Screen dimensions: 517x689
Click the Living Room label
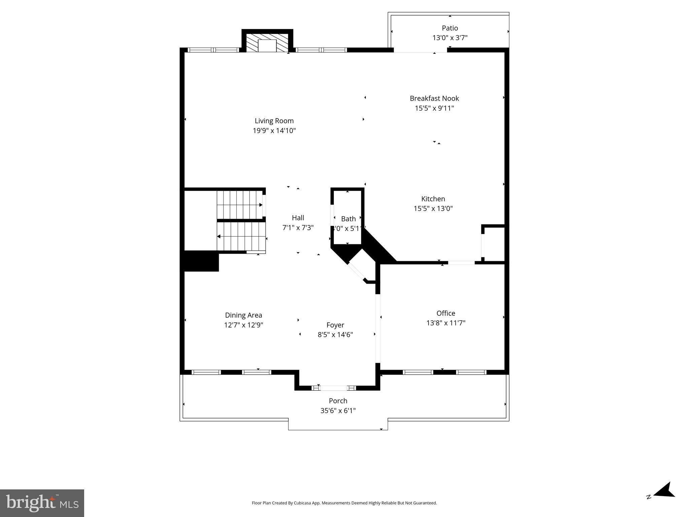pyautogui.click(x=274, y=121)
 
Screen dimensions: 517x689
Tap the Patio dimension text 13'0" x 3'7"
pyautogui.click(x=450, y=38)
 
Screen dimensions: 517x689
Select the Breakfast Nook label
pyautogui.click(x=434, y=98)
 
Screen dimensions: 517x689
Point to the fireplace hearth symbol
pyautogui.click(x=267, y=43)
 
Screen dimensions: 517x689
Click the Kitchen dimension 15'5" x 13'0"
pyautogui.click(x=433, y=208)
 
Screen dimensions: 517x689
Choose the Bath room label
pyautogui.click(x=348, y=219)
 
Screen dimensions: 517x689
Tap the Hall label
pyautogui.click(x=298, y=218)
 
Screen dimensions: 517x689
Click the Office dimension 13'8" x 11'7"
pyautogui.click(x=446, y=323)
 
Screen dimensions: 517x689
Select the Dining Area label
pyautogui.click(x=243, y=315)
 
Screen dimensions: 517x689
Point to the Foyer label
pyautogui.click(x=335, y=325)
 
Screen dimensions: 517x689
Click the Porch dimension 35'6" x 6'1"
pyautogui.click(x=338, y=410)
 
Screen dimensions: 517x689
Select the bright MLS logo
pyautogui.click(x=42, y=503)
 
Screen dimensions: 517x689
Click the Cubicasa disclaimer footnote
pyautogui.click(x=344, y=503)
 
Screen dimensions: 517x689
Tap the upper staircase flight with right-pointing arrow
pyautogui.click(x=240, y=205)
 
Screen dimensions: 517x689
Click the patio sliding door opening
pyautogui.click(x=421, y=50)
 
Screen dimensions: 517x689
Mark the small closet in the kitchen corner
pyautogui.click(x=494, y=244)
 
